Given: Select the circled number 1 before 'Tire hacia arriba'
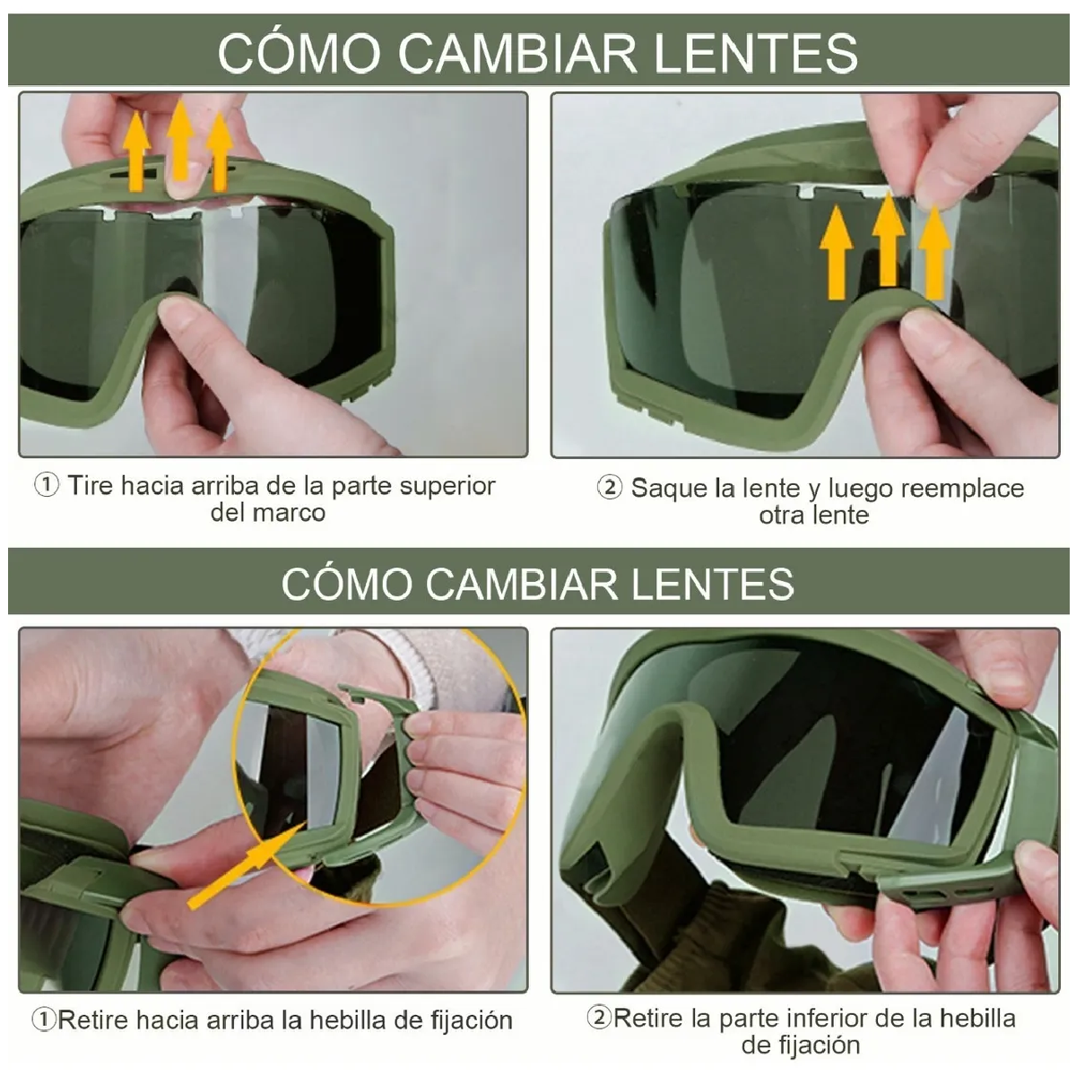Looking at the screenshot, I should point(47,485).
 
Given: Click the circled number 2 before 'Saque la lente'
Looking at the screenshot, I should point(610,488).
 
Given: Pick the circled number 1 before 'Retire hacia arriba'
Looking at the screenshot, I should point(43,1020).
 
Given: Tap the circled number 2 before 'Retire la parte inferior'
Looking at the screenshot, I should point(599,1018).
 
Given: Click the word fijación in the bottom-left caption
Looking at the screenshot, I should point(468,1020).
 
